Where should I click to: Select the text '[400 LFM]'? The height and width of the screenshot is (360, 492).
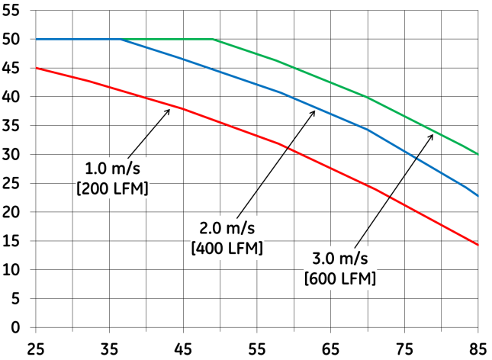pos(227,248)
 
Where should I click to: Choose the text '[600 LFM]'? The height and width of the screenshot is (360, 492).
pos(339,278)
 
